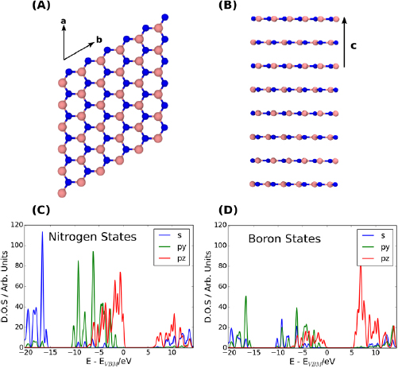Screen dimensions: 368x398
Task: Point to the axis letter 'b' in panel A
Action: pyautogui.click(x=99, y=39)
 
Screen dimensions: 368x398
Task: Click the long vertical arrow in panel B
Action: pyautogui.click(x=344, y=44)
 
